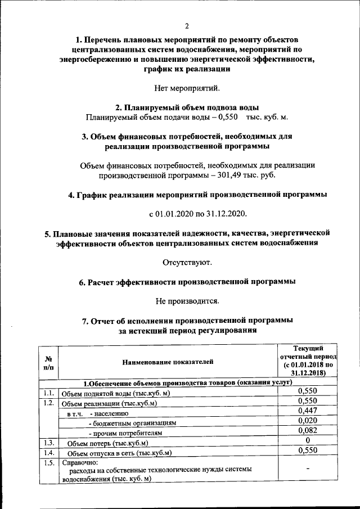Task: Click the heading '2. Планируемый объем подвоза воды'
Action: pyautogui.click(x=187, y=107)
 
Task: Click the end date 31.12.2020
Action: pyautogui.click(x=227, y=214)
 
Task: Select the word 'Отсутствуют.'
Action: pyautogui.click(x=187, y=262)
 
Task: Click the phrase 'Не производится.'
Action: pyautogui.click(x=187, y=301)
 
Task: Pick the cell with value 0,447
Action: pyautogui.click(x=307, y=411)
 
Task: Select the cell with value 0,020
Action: pyautogui.click(x=307, y=421)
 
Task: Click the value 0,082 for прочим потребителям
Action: pyautogui.click(x=307, y=431)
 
